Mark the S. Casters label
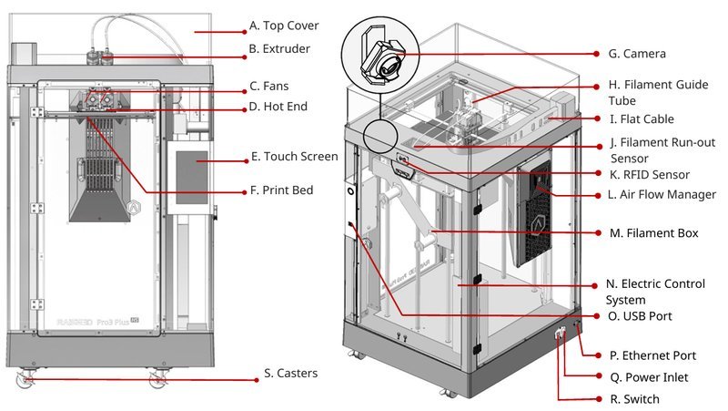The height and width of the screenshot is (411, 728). coord(291,373)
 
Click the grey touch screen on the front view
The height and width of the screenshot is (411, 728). coord(191,178)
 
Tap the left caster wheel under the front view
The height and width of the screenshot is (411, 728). coord(25,375)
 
